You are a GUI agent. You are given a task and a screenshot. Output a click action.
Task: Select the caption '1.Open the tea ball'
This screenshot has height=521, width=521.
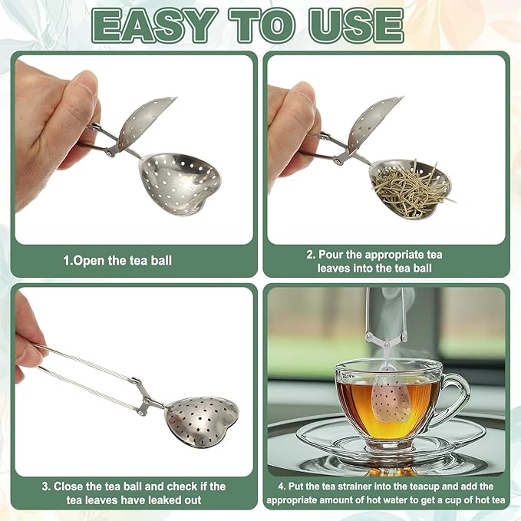pos(117,260)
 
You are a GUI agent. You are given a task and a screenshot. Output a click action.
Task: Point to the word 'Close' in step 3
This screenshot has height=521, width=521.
pos(77,486)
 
